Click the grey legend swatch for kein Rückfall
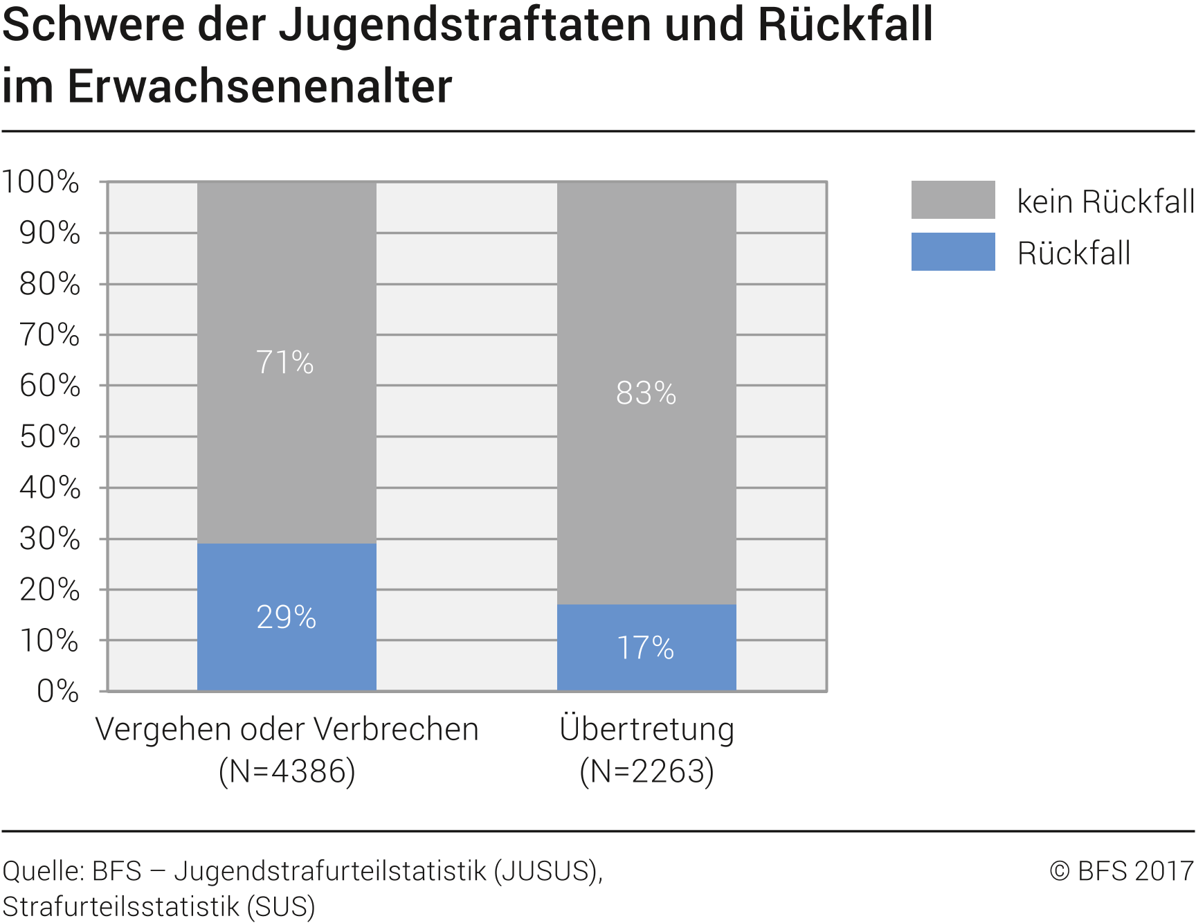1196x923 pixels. pyautogui.click(x=952, y=200)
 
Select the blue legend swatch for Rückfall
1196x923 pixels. pyautogui.click(x=952, y=252)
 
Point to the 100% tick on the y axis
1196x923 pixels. pyautogui.click(x=42, y=182)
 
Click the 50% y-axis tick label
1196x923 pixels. pyautogui.click(x=50, y=437)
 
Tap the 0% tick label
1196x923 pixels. pyautogui.click(x=58, y=691)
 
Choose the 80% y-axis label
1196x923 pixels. pyautogui.click(x=50, y=284)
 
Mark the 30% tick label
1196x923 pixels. pyautogui.click(x=50, y=539)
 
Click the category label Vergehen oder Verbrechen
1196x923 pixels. pyautogui.click(x=287, y=729)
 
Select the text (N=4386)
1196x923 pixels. pyautogui.click(x=287, y=771)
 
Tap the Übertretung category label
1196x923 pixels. pyautogui.click(x=646, y=729)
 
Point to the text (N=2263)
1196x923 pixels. pyautogui.click(x=646, y=771)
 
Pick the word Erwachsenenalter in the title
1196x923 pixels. pyautogui.click(x=260, y=87)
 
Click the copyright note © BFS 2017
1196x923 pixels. pyautogui.click(x=1121, y=871)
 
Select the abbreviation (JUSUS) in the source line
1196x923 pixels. pyautogui.click(x=546, y=871)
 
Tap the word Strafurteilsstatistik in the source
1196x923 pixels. pyautogui.click(x=121, y=906)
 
